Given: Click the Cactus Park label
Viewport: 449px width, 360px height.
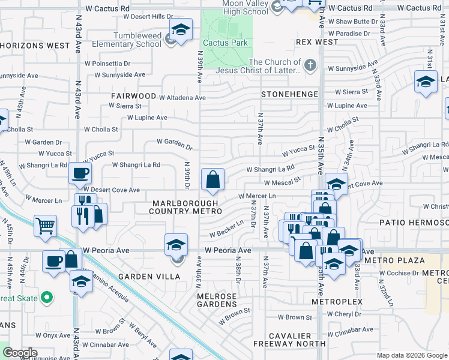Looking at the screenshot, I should pyautogui.click(x=225, y=43).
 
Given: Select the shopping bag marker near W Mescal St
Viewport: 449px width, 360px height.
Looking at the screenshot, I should pyautogui.click(x=212, y=179).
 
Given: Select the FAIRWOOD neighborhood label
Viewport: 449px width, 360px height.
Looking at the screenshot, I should pyautogui.click(x=133, y=96).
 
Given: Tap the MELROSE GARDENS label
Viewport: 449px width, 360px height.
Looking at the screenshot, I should pyautogui.click(x=217, y=301).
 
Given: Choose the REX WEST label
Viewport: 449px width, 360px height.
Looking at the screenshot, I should pyautogui.click(x=317, y=43).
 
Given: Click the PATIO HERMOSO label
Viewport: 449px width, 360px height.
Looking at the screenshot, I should pyautogui.click(x=414, y=223).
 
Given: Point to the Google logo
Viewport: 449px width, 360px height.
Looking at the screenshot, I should pyautogui.click(x=20, y=353).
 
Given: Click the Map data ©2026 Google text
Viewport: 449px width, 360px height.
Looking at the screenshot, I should pyautogui.click(x=411, y=355).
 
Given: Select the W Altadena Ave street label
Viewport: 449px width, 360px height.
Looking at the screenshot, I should pyautogui.click(x=182, y=97).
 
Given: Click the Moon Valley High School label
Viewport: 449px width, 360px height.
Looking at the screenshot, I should pyautogui.click(x=236, y=7).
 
